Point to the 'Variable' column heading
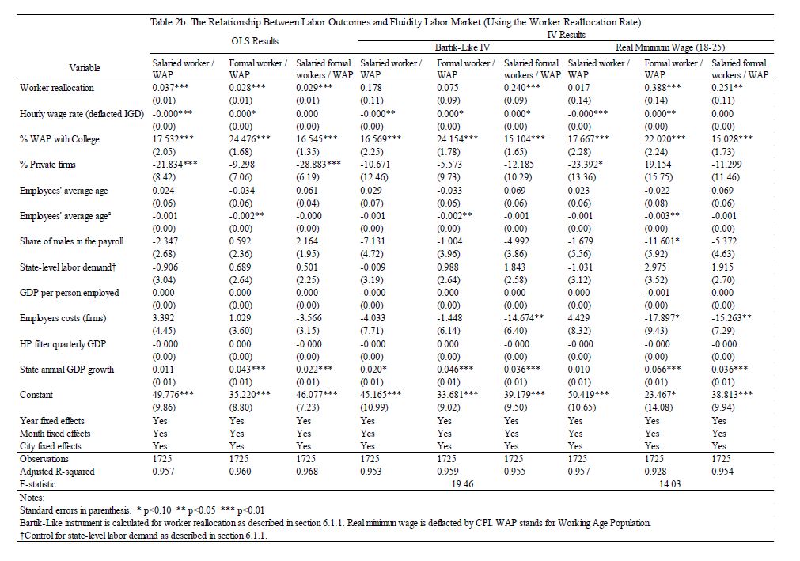pos(85,69)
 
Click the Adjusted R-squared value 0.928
pos(658,472)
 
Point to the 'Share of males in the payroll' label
pos(71,241)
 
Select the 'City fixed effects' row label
pos(54,446)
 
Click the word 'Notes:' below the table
pos(32,498)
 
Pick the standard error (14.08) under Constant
pos(658,407)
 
